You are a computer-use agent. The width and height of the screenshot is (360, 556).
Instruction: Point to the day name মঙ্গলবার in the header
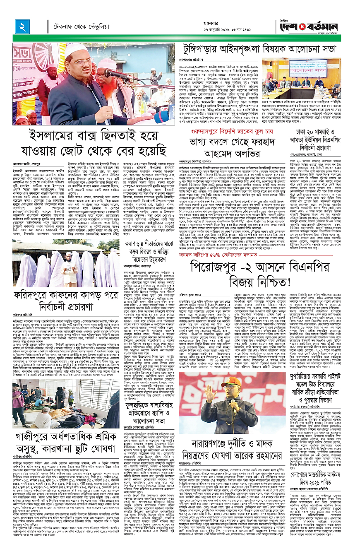(x=233, y=21)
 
